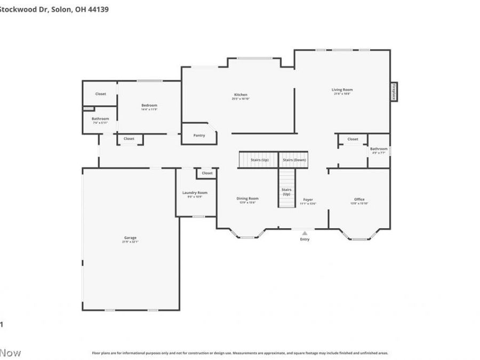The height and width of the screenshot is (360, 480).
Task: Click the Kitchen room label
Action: (241, 95)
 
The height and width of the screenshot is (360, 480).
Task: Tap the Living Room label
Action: (342, 90)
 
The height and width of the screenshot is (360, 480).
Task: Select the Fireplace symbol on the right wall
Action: (394, 91)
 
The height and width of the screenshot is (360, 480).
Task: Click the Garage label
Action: (130, 238)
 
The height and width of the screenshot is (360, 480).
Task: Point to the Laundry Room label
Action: (194, 193)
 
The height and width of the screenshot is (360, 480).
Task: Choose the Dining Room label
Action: (247, 198)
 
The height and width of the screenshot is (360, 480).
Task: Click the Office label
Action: (359, 199)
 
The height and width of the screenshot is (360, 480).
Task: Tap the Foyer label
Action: (308, 199)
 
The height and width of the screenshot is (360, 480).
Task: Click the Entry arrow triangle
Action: (305, 233)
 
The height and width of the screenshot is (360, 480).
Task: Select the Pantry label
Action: (199, 135)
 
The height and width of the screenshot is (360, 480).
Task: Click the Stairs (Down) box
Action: (294, 159)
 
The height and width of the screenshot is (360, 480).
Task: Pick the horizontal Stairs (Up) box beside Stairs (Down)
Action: (258, 159)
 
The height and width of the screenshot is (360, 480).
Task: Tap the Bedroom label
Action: (149, 106)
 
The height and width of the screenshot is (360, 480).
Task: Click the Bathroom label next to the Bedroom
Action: (100, 118)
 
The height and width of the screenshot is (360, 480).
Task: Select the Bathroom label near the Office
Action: (379, 149)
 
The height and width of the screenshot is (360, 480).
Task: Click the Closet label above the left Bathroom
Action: (100, 94)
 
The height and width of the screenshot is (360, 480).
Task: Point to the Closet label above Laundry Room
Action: (207, 173)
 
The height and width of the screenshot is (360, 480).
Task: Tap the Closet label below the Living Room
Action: (353, 139)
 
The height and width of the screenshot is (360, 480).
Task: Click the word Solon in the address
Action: (61, 9)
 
